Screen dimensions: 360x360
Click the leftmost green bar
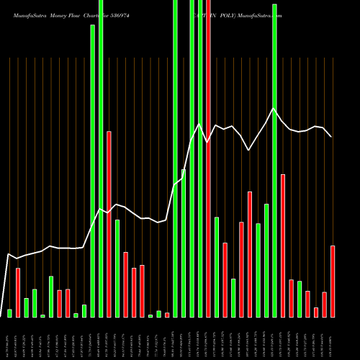point(9,313)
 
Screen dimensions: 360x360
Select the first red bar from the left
point(18,292)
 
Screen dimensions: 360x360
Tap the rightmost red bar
point(333,281)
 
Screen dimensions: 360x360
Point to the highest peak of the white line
point(274,109)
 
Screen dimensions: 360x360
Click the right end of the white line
point(331,136)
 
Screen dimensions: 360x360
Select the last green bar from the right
point(300,299)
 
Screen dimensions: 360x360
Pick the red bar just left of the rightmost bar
point(324,305)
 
